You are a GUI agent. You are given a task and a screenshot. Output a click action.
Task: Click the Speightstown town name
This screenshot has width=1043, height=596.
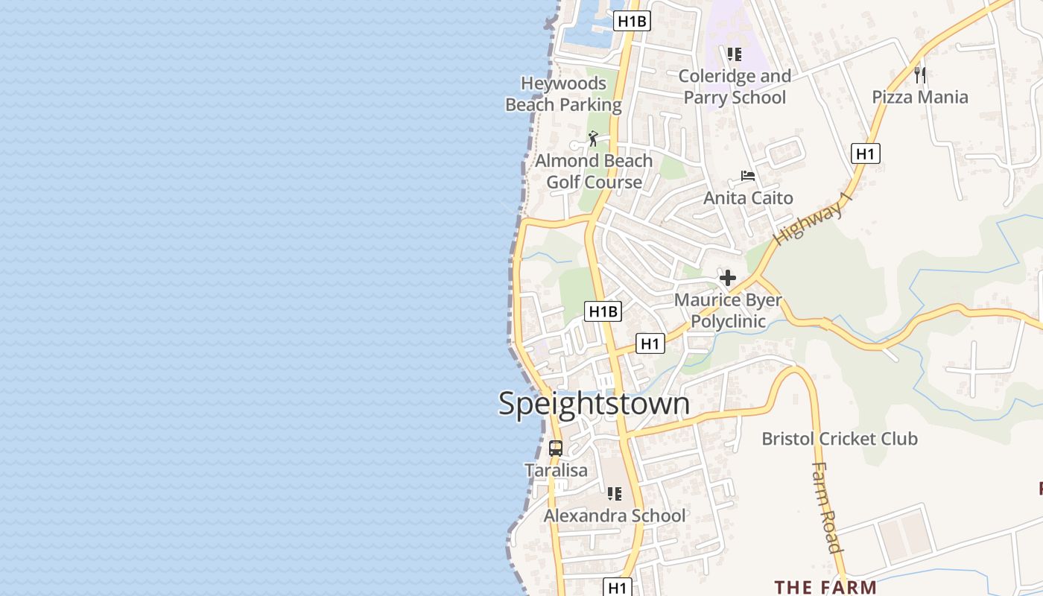click(x=594, y=404)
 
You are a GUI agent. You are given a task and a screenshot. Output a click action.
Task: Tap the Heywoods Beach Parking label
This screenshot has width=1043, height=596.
click(x=563, y=94)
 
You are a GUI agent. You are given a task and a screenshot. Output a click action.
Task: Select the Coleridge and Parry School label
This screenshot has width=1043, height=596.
click(x=735, y=86)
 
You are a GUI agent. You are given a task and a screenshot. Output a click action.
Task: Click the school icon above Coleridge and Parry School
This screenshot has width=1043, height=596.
click(x=735, y=54)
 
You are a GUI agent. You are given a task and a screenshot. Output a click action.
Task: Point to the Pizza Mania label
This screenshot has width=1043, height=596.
click(x=920, y=97)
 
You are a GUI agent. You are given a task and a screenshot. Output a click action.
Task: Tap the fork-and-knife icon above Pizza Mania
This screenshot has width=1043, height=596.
click(x=920, y=74)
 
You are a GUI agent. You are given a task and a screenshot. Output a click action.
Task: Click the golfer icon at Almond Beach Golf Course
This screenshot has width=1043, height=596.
click(x=593, y=139)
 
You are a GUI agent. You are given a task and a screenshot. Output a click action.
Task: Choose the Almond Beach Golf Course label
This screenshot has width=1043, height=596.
click(x=594, y=171)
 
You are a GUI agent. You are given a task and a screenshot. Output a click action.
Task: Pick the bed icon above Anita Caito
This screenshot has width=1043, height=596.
click(x=748, y=177)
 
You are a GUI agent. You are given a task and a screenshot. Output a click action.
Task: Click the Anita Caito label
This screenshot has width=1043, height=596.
click(x=748, y=198)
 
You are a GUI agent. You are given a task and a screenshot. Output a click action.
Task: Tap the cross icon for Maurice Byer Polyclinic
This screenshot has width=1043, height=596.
click(x=728, y=279)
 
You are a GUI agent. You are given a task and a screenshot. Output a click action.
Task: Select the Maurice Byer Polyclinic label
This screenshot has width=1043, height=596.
click(x=728, y=311)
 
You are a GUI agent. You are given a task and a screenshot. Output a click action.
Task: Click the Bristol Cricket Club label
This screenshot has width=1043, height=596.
click(x=840, y=439)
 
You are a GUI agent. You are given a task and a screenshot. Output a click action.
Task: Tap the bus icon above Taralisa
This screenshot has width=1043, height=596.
click(x=556, y=448)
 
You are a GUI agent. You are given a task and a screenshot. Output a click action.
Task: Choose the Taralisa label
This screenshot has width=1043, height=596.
click(x=556, y=471)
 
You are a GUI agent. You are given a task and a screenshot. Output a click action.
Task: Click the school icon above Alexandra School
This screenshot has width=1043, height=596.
click(x=615, y=493)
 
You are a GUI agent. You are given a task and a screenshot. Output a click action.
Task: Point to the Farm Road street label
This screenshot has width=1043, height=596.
click(x=827, y=507)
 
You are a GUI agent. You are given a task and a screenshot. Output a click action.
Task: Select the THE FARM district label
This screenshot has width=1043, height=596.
click(x=825, y=587)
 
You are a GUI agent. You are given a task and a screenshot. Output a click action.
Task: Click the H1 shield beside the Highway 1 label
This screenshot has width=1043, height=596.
click(x=865, y=154)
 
